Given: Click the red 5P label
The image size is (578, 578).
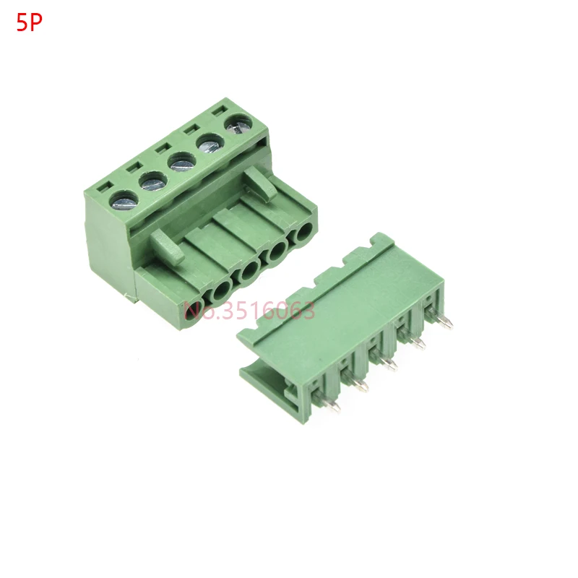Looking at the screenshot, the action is click(29, 23).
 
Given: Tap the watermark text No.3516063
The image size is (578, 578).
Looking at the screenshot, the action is click(249, 311).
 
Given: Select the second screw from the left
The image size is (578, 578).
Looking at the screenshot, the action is click(152, 181).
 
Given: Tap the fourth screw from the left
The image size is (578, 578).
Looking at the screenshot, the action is click(210, 144).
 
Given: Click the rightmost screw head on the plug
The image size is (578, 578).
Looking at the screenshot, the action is click(238, 124).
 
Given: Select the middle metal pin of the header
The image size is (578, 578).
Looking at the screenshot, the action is click(384, 361).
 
